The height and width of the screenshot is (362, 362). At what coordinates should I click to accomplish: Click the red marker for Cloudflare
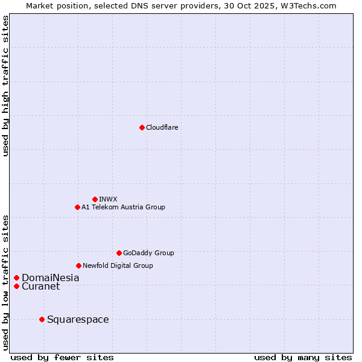pos(142,127)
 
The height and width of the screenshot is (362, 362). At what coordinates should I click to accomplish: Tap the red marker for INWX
pos(95,199)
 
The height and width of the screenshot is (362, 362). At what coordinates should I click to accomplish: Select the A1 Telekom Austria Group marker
pos(77,207)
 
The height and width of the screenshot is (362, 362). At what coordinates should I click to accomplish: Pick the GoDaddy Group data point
pos(119,253)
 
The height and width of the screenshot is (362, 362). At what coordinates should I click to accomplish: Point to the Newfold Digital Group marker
pos(78,265)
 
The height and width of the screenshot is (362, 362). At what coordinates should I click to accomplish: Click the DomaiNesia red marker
pos(16,278)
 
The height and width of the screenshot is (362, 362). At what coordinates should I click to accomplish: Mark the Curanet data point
pos(16,286)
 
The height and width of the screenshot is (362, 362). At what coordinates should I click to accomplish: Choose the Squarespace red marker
pos(42,319)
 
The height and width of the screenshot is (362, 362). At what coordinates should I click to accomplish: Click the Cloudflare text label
pos(162,127)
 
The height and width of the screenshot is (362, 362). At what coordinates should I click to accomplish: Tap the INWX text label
pos(108,199)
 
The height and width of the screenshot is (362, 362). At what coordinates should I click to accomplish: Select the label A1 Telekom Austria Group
pos(123,207)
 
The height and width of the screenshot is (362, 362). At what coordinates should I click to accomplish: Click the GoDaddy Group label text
pos(148,253)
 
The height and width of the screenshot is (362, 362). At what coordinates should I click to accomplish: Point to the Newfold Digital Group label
pos(118,265)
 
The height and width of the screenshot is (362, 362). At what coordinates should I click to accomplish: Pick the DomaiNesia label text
pos(50,278)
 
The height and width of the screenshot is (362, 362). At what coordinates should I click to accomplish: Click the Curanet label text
pos(40,286)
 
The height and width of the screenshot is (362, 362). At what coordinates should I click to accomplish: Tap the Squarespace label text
pos(78,319)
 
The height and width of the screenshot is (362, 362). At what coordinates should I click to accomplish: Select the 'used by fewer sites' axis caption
pos(62,357)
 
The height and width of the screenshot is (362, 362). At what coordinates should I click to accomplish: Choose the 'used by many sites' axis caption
pos(303,357)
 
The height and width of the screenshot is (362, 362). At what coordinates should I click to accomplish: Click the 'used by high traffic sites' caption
pos(5,86)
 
